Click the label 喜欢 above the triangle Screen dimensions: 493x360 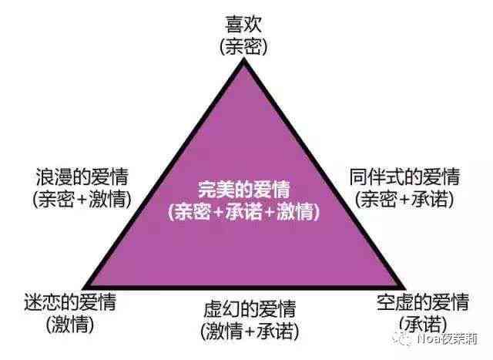tap(243, 25)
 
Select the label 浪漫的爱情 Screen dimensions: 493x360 tap(82, 177)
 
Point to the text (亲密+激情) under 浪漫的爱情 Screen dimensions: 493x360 tap(82, 199)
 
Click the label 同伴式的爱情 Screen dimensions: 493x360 tap(404, 177)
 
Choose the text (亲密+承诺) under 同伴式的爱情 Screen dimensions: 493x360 tap(404, 199)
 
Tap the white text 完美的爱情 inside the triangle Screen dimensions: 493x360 tap(244, 190)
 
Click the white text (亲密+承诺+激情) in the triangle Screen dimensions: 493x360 tap(244, 211)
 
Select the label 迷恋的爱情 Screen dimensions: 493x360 tap(70, 302)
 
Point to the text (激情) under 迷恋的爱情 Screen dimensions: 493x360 tap(70, 325)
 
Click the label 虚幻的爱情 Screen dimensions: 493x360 tap(250, 308)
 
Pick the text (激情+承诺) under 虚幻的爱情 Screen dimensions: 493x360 tap(250, 331)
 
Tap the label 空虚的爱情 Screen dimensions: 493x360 tap(423, 301)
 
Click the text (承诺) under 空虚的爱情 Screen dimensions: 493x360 tap(423, 324)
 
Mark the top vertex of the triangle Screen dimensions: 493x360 tap(244, 59)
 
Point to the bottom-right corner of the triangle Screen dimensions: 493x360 tap(406, 288)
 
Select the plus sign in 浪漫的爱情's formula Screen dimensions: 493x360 tap(82, 200)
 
